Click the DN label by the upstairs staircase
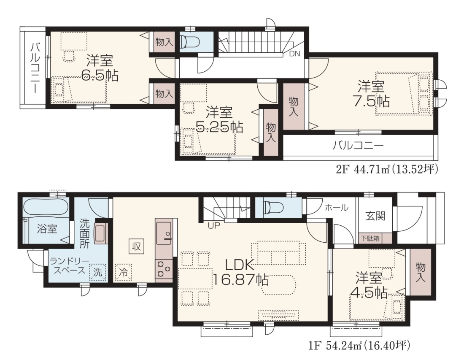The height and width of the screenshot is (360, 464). [x=294, y=54]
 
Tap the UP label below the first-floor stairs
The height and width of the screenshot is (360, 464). [x=214, y=226]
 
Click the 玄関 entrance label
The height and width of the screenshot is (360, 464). [x=375, y=216]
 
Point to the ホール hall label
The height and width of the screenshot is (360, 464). [x=337, y=208]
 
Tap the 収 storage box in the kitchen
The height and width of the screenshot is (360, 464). [x=136, y=246]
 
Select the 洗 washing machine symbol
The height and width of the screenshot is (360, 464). [x=98, y=272]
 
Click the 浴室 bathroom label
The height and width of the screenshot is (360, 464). [x=47, y=229]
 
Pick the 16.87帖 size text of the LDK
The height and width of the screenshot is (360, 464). [x=240, y=279]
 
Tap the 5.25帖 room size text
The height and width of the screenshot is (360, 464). [x=219, y=127]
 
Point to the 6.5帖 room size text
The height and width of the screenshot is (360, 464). [x=100, y=76]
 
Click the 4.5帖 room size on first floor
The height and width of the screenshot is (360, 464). [x=369, y=293]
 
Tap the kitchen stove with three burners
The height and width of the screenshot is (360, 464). [x=164, y=269]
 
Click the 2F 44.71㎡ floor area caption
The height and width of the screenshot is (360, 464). [x=387, y=169]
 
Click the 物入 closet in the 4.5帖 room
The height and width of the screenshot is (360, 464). [x=420, y=272]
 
